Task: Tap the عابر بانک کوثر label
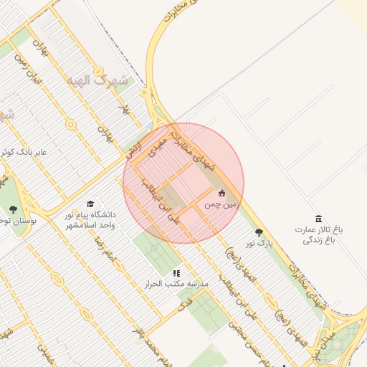[x=22, y=152]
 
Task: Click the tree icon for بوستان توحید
[x=13, y=209]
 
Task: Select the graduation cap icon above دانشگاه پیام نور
[x=90, y=204]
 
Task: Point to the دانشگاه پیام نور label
[x=90, y=219]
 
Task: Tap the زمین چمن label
[x=220, y=204]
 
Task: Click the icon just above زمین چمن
[x=221, y=193]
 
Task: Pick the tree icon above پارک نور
[x=259, y=232]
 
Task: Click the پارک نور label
[x=260, y=244]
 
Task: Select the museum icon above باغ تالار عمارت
[x=318, y=219]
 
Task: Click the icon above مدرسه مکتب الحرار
[x=176, y=273]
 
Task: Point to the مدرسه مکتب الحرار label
[x=182, y=285]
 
